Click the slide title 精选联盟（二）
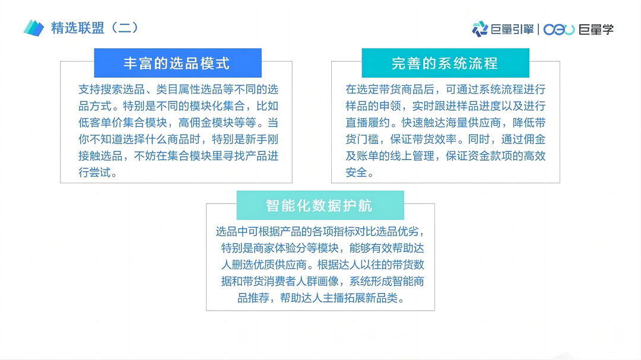pyautogui.click(x=94, y=28)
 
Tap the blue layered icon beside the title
pyautogui.click(x=34, y=28)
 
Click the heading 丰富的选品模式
pyautogui.click(x=176, y=63)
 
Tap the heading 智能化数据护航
pyautogui.click(x=319, y=205)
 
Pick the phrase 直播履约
pyautogui.click(x=372, y=123)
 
